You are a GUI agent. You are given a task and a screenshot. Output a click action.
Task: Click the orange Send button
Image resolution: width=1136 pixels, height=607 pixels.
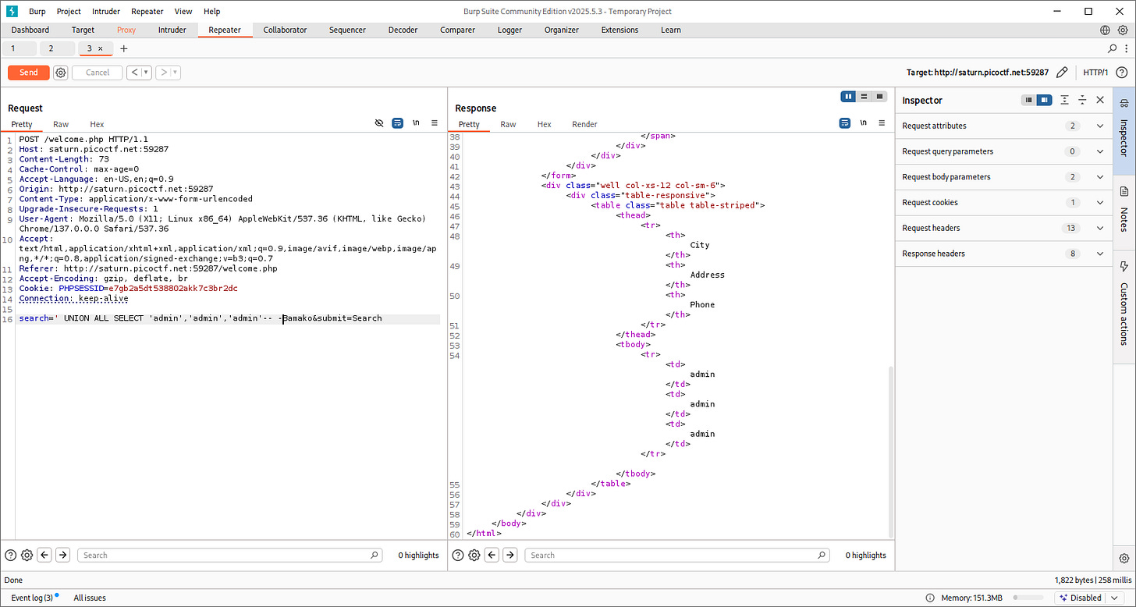pos(28,73)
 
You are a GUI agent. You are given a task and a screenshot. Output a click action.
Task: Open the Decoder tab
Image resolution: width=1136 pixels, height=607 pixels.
pos(403,30)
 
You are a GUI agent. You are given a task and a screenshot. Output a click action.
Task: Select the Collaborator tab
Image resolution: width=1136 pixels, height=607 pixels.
pos(285,30)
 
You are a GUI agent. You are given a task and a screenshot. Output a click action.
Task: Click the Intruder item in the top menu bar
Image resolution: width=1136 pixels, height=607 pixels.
pos(106,12)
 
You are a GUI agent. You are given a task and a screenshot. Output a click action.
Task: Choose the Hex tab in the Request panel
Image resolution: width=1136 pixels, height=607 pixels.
pos(97,124)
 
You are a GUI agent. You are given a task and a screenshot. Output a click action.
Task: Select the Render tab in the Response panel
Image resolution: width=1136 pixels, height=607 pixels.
pos(584,124)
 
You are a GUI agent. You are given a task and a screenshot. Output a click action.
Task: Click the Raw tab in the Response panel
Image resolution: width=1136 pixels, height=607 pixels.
pos(508,124)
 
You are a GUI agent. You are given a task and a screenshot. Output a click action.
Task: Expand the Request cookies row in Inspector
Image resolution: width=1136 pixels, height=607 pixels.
pos(1100,202)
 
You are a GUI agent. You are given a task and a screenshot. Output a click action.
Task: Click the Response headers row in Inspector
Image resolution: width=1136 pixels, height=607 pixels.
pos(933,254)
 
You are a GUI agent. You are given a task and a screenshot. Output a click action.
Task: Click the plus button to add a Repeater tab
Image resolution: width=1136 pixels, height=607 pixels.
pos(124,48)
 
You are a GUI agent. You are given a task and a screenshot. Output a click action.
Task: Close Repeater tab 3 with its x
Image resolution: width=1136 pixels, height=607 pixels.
pos(101,48)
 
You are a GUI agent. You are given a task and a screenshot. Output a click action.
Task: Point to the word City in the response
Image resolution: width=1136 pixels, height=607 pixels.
pos(700,245)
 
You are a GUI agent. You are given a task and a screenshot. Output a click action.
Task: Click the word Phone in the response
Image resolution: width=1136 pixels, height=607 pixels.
pos(702,304)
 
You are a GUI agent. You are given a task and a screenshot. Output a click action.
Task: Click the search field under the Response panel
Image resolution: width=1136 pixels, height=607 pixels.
pos(676,555)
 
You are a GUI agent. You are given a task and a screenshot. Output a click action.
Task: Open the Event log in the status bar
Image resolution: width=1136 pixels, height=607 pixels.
pos(31,598)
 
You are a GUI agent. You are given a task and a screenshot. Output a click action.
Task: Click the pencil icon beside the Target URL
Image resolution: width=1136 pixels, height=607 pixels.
pos(1061,73)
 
